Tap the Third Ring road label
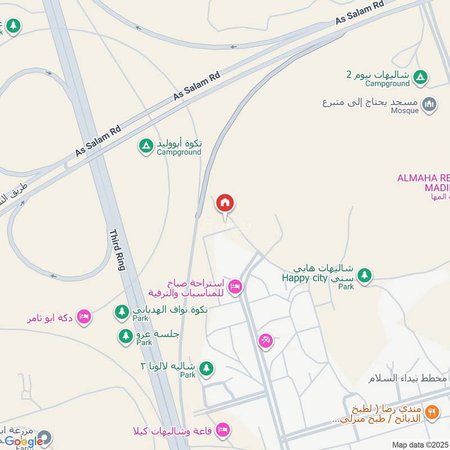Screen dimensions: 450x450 coord(116,250)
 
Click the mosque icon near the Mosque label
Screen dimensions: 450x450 coord(430,105)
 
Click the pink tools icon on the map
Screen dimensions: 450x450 coord(265,340)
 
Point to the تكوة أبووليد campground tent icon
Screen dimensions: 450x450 coord(146,146)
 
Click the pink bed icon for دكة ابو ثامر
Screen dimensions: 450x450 coord(84,317)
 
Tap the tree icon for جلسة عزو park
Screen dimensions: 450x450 coord(125,336)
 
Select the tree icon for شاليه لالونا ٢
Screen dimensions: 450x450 coord(207,368)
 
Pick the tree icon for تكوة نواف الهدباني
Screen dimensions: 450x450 coord(121,311)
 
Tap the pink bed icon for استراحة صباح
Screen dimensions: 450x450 coord(235,287)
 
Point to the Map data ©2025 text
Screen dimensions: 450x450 coord(421,445)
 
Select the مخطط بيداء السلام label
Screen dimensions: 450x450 coord(407,378)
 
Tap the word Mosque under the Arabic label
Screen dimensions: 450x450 coord(404,111)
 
